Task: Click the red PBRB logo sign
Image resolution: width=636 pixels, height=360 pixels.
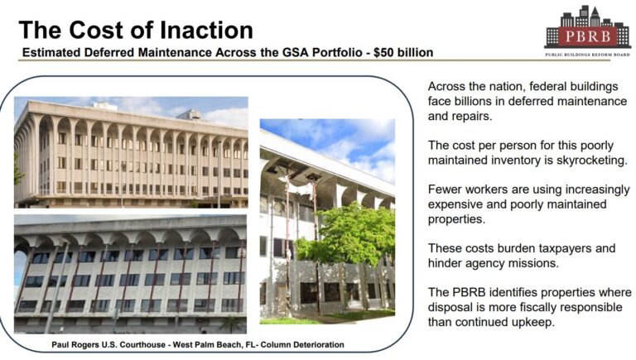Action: pyautogui.click(x=587, y=37)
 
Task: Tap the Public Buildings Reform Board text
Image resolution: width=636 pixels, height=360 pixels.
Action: pyautogui.click(x=587, y=55)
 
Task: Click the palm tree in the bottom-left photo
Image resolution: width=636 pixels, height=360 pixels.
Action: pyautogui.click(x=231, y=324)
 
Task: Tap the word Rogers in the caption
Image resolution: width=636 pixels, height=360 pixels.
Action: pyautogui.click(x=84, y=345)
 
